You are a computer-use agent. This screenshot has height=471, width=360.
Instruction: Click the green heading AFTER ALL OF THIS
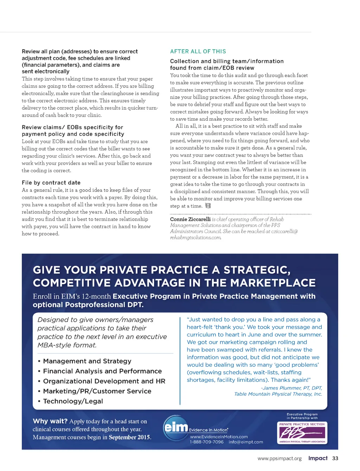[198, 51]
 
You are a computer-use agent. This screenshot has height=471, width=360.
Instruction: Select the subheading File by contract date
[51, 183]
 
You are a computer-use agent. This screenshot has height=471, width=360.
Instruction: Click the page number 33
[335, 458]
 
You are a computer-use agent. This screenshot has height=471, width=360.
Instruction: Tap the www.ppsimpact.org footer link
[279, 459]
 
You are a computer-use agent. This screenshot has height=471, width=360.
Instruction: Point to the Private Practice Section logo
[302, 433]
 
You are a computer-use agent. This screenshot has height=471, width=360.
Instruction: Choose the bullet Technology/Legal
[73, 401]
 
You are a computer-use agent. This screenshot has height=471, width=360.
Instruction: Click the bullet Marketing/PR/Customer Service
[97, 391]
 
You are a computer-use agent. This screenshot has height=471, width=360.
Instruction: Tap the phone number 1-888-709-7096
[206, 442]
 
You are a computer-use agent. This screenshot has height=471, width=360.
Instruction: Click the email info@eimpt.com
[246, 442]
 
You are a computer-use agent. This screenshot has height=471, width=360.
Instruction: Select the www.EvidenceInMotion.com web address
[219, 437]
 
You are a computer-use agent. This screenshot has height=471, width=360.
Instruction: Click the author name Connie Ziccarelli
[190, 220]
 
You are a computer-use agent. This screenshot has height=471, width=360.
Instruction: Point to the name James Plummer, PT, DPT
[291, 388]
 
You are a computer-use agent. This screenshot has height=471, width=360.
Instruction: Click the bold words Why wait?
[50, 421]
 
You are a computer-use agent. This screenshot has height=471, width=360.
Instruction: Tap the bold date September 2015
[129, 437]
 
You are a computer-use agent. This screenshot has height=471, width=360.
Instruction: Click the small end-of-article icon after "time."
[208, 206]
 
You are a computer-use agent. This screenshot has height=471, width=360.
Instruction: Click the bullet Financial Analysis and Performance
[102, 371]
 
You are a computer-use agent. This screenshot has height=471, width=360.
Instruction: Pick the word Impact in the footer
[318, 458]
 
